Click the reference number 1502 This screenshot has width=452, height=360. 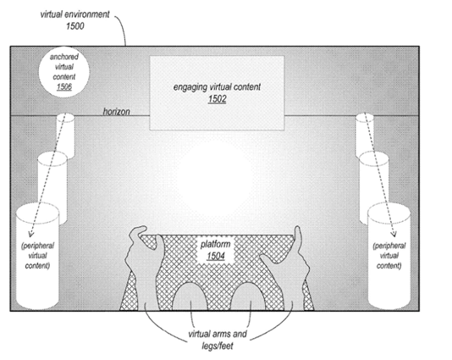pos(217,99)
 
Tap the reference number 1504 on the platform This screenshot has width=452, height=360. pos(216,256)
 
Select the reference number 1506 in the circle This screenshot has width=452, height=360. pos(64,87)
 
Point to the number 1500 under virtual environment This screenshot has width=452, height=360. pos(75,26)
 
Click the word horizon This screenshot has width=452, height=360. pos(117,111)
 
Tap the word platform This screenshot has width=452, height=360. pos(216,244)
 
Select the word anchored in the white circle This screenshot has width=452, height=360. pos(64,57)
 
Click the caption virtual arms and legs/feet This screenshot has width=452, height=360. pos(218,340)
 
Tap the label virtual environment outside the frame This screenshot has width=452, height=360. pos(75,14)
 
